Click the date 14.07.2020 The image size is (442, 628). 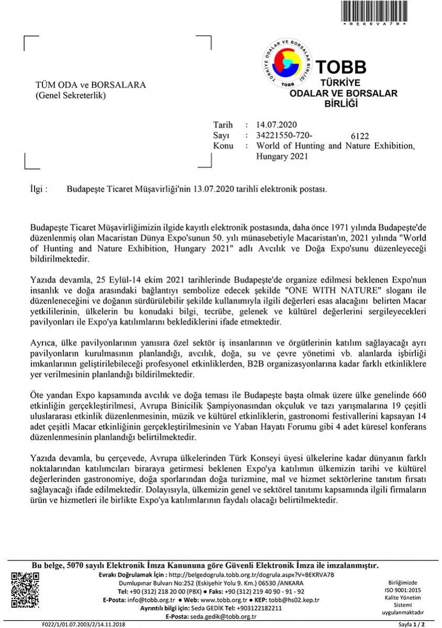click(x=277, y=125)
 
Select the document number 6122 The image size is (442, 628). click(x=360, y=136)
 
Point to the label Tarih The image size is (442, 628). click(x=223, y=125)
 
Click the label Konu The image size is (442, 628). click(x=223, y=145)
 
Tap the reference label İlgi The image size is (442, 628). click(x=39, y=188)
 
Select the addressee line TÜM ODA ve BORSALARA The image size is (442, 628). click(x=91, y=85)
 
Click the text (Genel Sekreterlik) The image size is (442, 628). click(x=70, y=95)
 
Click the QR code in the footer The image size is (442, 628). click(x=26, y=590)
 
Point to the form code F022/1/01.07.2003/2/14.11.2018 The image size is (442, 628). click(x=83, y=624)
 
